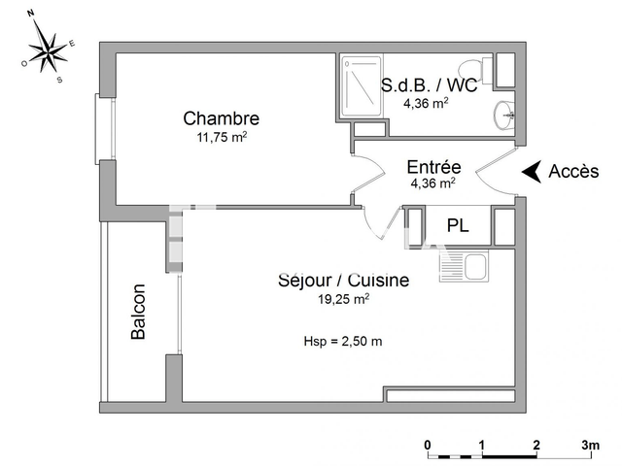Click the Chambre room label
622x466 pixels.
click(222, 118)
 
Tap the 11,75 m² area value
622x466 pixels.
click(223, 137)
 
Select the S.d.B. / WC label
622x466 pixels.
click(430, 84)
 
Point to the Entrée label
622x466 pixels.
click(434, 167)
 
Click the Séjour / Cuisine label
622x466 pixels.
click(343, 281)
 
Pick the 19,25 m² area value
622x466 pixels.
click(343, 298)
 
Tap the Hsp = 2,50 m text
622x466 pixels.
click(343, 341)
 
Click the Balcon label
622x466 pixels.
click(138, 312)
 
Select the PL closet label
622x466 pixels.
click(458, 225)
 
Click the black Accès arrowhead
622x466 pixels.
click(533, 172)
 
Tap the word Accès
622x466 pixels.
click(573, 171)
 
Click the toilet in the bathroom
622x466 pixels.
click(475, 70)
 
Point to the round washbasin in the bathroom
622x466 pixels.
click(503, 115)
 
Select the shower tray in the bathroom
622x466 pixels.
click(362, 85)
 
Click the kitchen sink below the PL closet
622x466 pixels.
click(464, 265)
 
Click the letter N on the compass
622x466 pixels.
click(30, 13)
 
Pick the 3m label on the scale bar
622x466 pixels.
click(591, 445)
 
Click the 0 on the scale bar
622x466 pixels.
click(428, 445)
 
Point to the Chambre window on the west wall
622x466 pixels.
click(105, 129)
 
